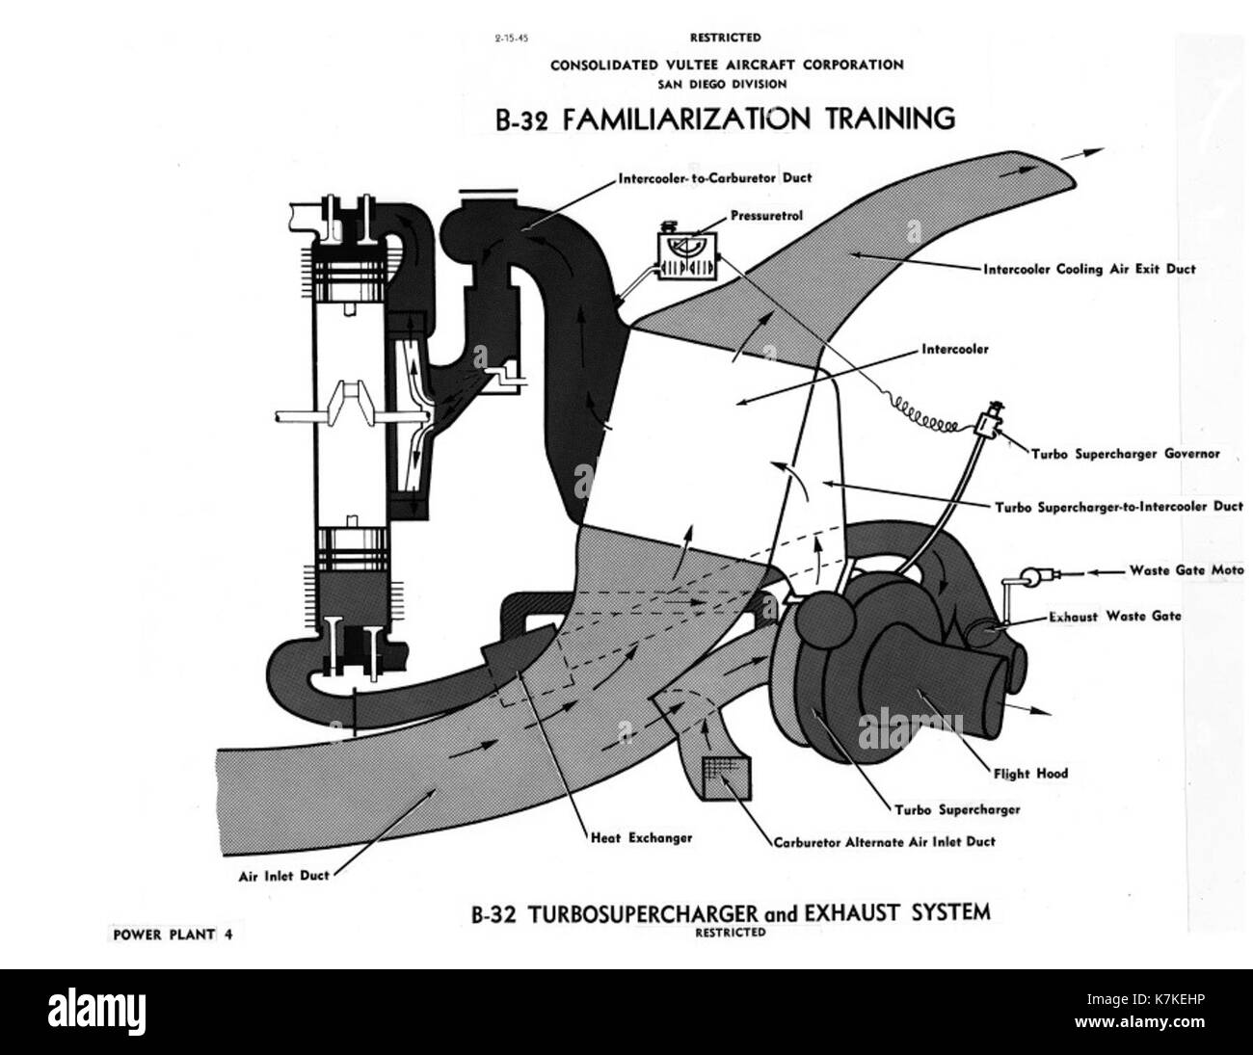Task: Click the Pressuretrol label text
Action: pyautogui.click(x=766, y=216)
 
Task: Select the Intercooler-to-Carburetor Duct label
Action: pyautogui.click(x=715, y=178)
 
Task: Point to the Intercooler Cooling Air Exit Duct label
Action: pyautogui.click(x=1089, y=270)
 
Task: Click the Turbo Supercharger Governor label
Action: pyautogui.click(x=1126, y=454)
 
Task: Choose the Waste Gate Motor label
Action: pyautogui.click(x=1186, y=570)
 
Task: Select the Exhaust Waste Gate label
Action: pyautogui.click(x=1115, y=617)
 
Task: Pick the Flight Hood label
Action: pyautogui.click(x=1031, y=774)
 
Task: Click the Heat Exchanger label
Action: pyautogui.click(x=642, y=838)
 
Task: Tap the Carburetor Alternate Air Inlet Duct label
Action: pyautogui.click(x=885, y=842)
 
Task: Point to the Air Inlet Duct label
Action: pyautogui.click(x=283, y=876)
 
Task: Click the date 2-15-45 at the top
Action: pyautogui.click(x=511, y=39)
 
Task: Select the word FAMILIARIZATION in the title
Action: pyautogui.click(x=686, y=119)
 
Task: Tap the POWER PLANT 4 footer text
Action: pyautogui.click(x=173, y=935)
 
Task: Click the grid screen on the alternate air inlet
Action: pyautogui.click(x=727, y=778)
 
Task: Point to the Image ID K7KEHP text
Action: pyautogui.click(x=1146, y=1000)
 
